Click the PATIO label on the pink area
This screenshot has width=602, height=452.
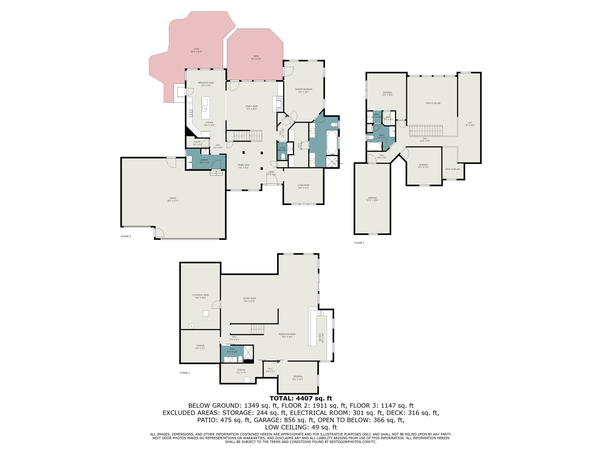[196, 50]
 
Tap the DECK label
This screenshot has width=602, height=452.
[256, 57]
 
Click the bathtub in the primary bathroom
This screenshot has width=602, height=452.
[332, 143]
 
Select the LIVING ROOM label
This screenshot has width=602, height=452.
[303, 186]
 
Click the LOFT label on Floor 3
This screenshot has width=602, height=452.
[470, 124]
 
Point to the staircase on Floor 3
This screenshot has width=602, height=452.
[426, 131]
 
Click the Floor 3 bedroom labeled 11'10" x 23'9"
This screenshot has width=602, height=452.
[372, 199]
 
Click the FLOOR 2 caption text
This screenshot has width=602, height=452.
[126, 236]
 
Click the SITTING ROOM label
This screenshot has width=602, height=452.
[249, 300]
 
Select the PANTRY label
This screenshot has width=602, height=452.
[197, 143]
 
